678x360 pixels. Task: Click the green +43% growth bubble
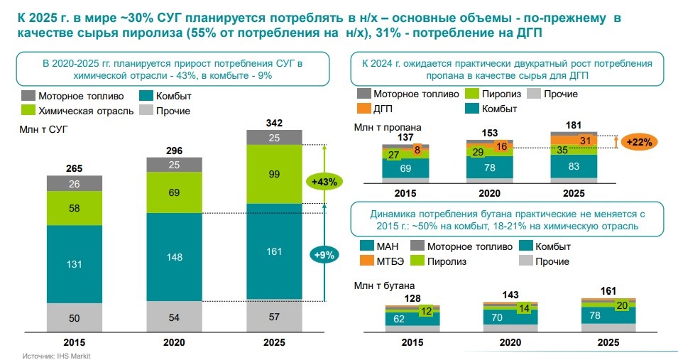(x=323, y=182)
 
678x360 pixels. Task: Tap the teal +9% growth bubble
(x=323, y=254)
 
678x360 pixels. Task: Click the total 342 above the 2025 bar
(x=274, y=123)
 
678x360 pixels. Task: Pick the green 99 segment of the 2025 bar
(x=274, y=175)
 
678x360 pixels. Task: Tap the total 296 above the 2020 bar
(x=174, y=151)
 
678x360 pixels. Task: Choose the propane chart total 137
(x=406, y=137)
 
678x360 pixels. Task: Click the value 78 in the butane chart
(x=574, y=315)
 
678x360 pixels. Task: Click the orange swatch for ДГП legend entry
(x=363, y=109)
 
